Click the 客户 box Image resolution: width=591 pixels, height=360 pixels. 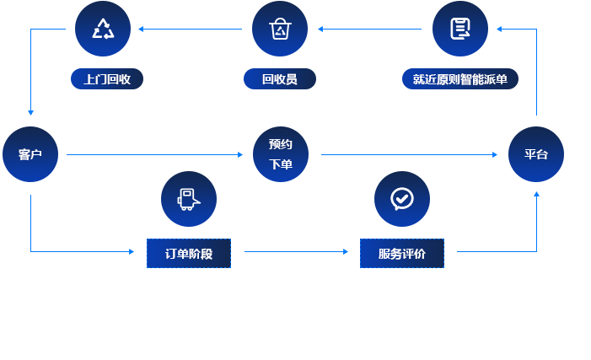(x=30, y=154)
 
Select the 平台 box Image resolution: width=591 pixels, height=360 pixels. (x=535, y=154)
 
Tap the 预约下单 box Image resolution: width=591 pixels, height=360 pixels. (x=280, y=153)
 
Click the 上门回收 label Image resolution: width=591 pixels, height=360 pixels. (x=106, y=79)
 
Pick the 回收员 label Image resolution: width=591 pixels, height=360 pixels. (x=279, y=79)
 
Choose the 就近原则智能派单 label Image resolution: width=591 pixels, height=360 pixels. (x=459, y=79)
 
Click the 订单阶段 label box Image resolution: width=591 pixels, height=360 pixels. (x=188, y=253)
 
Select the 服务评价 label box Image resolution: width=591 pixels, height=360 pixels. (x=401, y=253)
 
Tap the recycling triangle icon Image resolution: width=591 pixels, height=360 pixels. (x=103, y=29)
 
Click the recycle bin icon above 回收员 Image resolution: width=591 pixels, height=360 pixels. (x=279, y=29)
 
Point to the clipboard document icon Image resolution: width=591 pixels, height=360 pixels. (x=459, y=29)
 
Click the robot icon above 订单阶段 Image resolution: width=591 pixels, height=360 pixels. (x=188, y=198)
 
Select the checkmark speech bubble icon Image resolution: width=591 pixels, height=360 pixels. (x=401, y=198)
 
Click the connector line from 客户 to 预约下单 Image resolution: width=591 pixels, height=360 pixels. (x=152, y=154)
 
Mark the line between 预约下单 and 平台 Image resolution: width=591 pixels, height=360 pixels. (x=405, y=154)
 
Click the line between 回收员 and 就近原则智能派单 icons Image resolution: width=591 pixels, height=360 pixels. (x=371, y=29)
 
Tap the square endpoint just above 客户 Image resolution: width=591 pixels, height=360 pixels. (x=30, y=113)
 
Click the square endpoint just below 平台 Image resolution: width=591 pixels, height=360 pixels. (x=536, y=194)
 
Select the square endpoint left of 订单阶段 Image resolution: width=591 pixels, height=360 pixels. (x=132, y=251)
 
